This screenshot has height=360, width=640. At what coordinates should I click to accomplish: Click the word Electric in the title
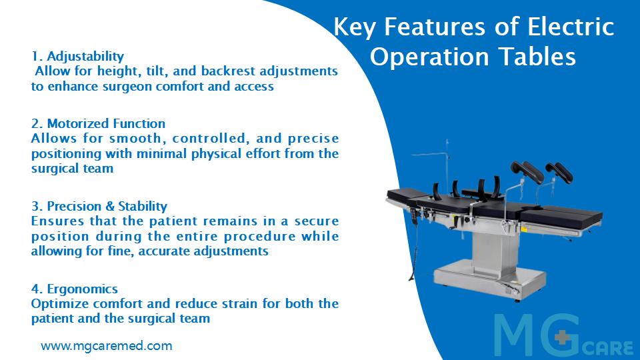tap(571, 27)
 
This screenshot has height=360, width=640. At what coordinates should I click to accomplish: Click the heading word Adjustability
tap(85, 57)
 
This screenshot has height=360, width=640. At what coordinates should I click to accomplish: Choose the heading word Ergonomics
tap(83, 289)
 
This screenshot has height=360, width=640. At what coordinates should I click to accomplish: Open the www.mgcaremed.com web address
tap(107, 346)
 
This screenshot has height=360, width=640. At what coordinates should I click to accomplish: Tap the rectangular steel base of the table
tap(490, 281)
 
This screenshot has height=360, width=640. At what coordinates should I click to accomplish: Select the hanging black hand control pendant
tap(416, 215)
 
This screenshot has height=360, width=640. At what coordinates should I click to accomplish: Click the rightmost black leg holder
tap(559, 171)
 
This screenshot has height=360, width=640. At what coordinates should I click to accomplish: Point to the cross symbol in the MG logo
tap(563, 337)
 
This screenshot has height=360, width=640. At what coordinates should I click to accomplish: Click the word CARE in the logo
tap(608, 348)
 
